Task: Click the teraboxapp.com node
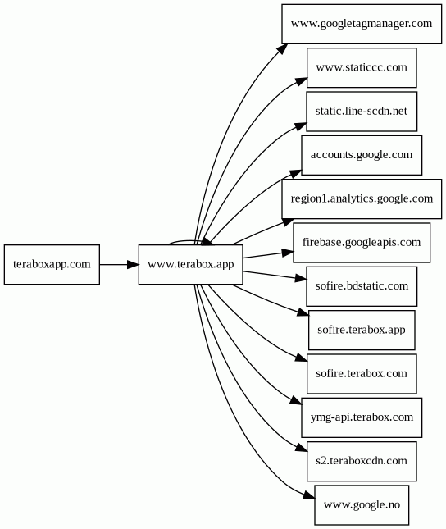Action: pyautogui.click(x=52, y=264)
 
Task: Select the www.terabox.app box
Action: pyautogui.click(x=190, y=264)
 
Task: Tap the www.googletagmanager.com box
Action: pyautogui.click(x=362, y=24)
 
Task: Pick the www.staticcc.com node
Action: pyautogui.click(x=362, y=67)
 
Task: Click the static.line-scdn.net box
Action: pyautogui.click(x=362, y=112)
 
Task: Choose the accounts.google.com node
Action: pyautogui.click(x=362, y=155)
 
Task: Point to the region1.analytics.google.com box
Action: pyautogui.click(x=362, y=198)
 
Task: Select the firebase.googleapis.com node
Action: pyautogui.click(x=362, y=243)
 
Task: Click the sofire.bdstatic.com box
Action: pyautogui.click(x=362, y=286)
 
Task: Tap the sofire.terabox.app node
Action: pyautogui.click(x=362, y=330)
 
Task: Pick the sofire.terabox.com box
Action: pyautogui.click(x=362, y=374)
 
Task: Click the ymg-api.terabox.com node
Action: pyautogui.click(x=362, y=417)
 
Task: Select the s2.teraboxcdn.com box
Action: pyautogui.click(x=362, y=461)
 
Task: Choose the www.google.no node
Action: pyautogui.click(x=362, y=505)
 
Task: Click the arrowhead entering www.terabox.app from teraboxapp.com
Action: pyautogui.click(x=133, y=264)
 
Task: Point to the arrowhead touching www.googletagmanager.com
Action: pyautogui.click(x=282, y=49)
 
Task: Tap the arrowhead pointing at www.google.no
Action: pyautogui.click(x=309, y=495)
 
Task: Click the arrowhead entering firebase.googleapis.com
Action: pyautogui.click(x=288, y=253)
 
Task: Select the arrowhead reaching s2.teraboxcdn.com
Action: pyautogui.click(x=302, y=448)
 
